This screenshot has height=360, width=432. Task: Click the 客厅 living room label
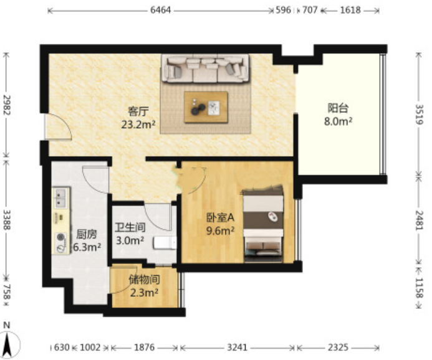(138, 111)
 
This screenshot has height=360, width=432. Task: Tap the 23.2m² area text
(138, 125)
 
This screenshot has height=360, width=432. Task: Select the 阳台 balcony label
(338, 108)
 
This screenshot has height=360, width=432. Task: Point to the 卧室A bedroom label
(221, 217)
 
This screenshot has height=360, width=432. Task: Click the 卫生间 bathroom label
(130, 227)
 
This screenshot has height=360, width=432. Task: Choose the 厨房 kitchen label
(87, 234)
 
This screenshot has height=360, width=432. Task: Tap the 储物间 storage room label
(145, 280)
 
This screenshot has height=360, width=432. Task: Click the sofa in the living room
(206, 69)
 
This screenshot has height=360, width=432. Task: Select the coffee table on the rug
(206, 107)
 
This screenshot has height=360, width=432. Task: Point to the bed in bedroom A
(263, 224)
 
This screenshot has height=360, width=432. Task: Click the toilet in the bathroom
(165, 243)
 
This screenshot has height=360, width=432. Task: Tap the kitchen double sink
(61, 197)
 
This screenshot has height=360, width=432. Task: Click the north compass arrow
(7, 344)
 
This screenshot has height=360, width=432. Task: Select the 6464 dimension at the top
(161, 10)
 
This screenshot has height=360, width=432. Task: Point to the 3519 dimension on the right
(419, 114)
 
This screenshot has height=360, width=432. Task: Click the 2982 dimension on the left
(7, 105)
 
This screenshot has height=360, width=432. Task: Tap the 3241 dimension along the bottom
(238, 348)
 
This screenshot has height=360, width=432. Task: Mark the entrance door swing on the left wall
(59, 126)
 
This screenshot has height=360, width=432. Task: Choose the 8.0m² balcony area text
(338, 121)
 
